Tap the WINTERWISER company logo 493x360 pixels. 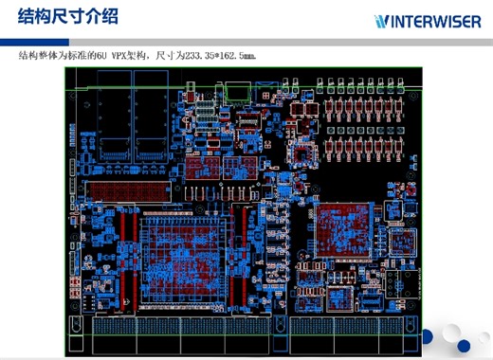pos(426,21)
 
